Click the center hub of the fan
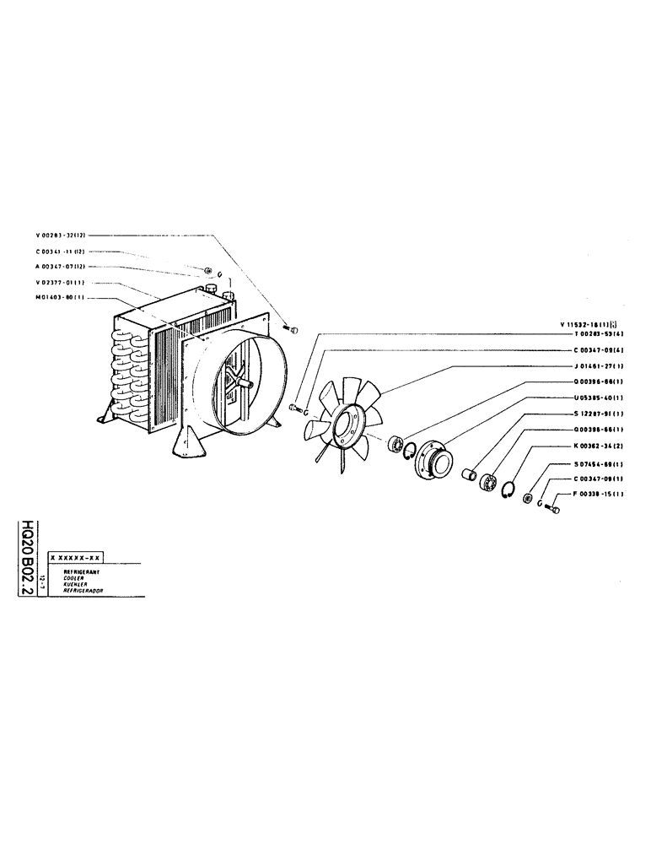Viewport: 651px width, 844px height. pyautogui.click(x=348, y=426)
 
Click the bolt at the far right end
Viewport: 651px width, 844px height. pyautogui.click(x=553, y=510)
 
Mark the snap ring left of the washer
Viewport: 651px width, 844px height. pyautogui.click(x=508, y=490)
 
